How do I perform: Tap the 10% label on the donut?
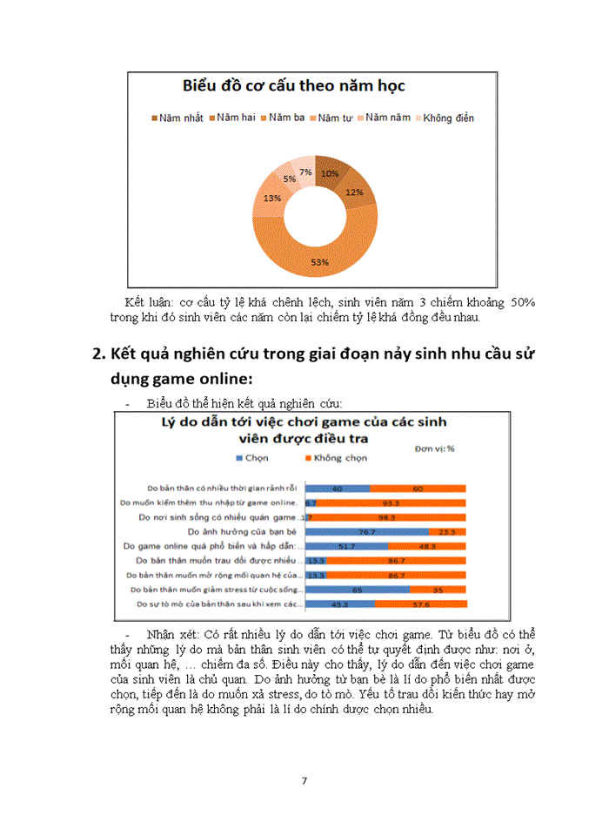click(330, 173)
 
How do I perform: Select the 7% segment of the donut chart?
click(305, 172)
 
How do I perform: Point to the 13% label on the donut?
click(272, 199)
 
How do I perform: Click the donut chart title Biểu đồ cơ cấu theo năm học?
click(293, 86)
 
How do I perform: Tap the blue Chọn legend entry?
click(251, 457)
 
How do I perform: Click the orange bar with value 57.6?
click(421, 603)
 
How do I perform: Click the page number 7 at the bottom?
click(304, 780)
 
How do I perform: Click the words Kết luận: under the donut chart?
click(149, 301)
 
